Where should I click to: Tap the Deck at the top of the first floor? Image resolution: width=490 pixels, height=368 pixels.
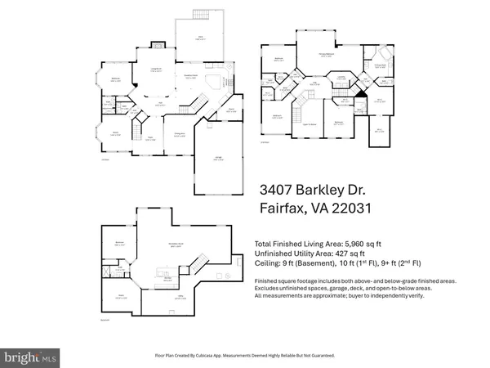click(x=198, y=38)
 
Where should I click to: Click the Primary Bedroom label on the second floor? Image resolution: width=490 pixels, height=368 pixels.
click(x=327, y=54)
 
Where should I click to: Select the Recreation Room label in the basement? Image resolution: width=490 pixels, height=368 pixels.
click(x=174, y=245)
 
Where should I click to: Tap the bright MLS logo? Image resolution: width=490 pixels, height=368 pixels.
click(x=31, y=357)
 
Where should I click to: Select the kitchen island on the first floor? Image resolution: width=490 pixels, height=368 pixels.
click(x=214, y=81)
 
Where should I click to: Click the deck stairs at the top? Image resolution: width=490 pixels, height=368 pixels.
click(x=203, y=14)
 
